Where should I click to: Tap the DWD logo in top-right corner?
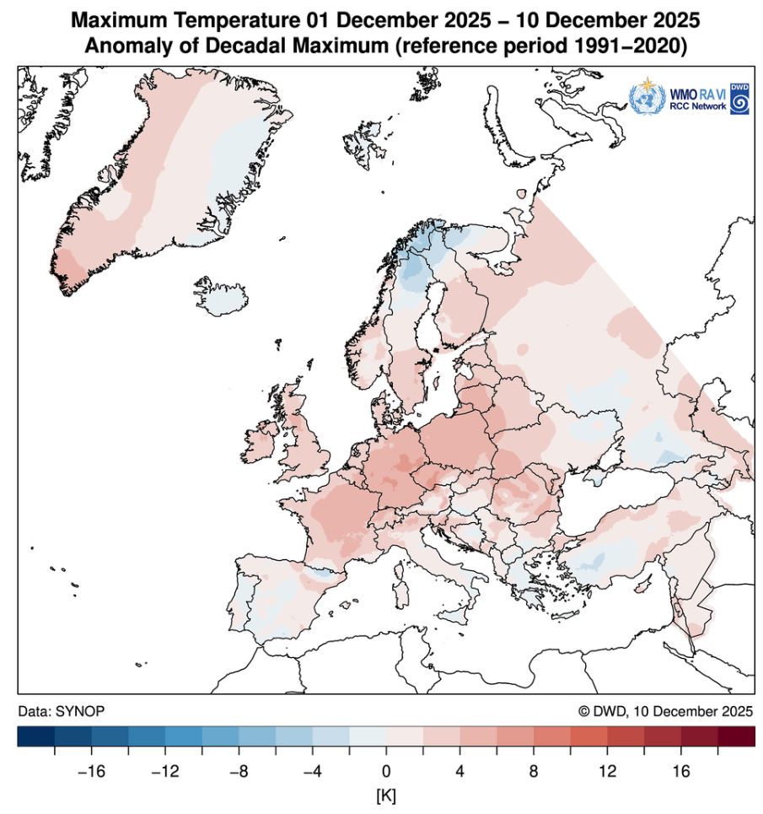[739, 99]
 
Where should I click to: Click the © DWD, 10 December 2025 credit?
[665, 711]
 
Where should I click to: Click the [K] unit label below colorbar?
[387, 794]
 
